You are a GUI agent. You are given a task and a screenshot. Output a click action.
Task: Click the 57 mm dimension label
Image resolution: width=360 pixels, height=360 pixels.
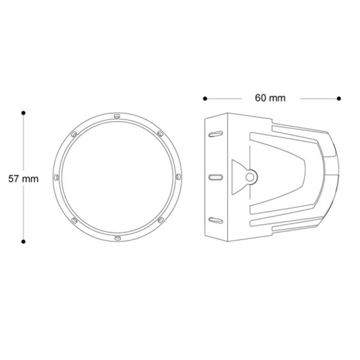(x=23, y=179)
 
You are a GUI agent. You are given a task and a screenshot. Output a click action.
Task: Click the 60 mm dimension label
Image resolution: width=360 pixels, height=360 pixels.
(x=270, y=98)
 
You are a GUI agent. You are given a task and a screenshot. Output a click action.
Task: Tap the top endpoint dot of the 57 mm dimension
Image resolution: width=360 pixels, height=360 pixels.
(x=23, y=113)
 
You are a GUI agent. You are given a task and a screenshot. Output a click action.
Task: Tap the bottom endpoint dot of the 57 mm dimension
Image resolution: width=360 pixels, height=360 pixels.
(x=23, y=242)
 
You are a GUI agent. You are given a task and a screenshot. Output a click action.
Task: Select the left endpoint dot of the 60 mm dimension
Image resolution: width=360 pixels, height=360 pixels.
(x=205, y=99)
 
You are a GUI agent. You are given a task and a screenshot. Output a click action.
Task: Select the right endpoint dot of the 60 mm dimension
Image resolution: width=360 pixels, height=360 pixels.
(x=339, y=99)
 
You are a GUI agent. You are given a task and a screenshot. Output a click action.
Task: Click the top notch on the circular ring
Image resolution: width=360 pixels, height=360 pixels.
(x=117, y=116)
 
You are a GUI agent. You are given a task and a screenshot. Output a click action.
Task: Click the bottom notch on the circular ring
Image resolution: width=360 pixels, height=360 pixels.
(x=117, y=238)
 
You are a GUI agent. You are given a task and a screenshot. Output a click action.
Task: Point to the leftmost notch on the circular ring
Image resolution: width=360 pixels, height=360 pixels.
(x=56, y=177)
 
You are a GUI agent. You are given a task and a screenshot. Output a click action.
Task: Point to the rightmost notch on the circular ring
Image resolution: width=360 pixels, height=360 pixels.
(x=178, y=177)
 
